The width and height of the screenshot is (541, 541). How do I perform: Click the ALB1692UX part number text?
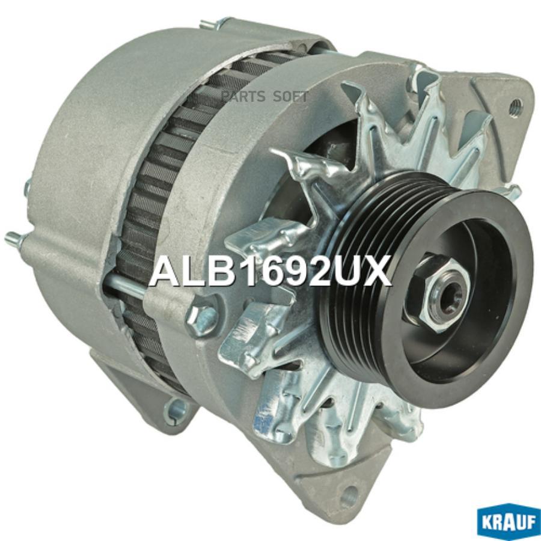click(270, 272)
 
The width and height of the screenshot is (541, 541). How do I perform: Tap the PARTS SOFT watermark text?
click(264, 97)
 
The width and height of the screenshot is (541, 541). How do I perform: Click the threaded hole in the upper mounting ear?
click(516, 105)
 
